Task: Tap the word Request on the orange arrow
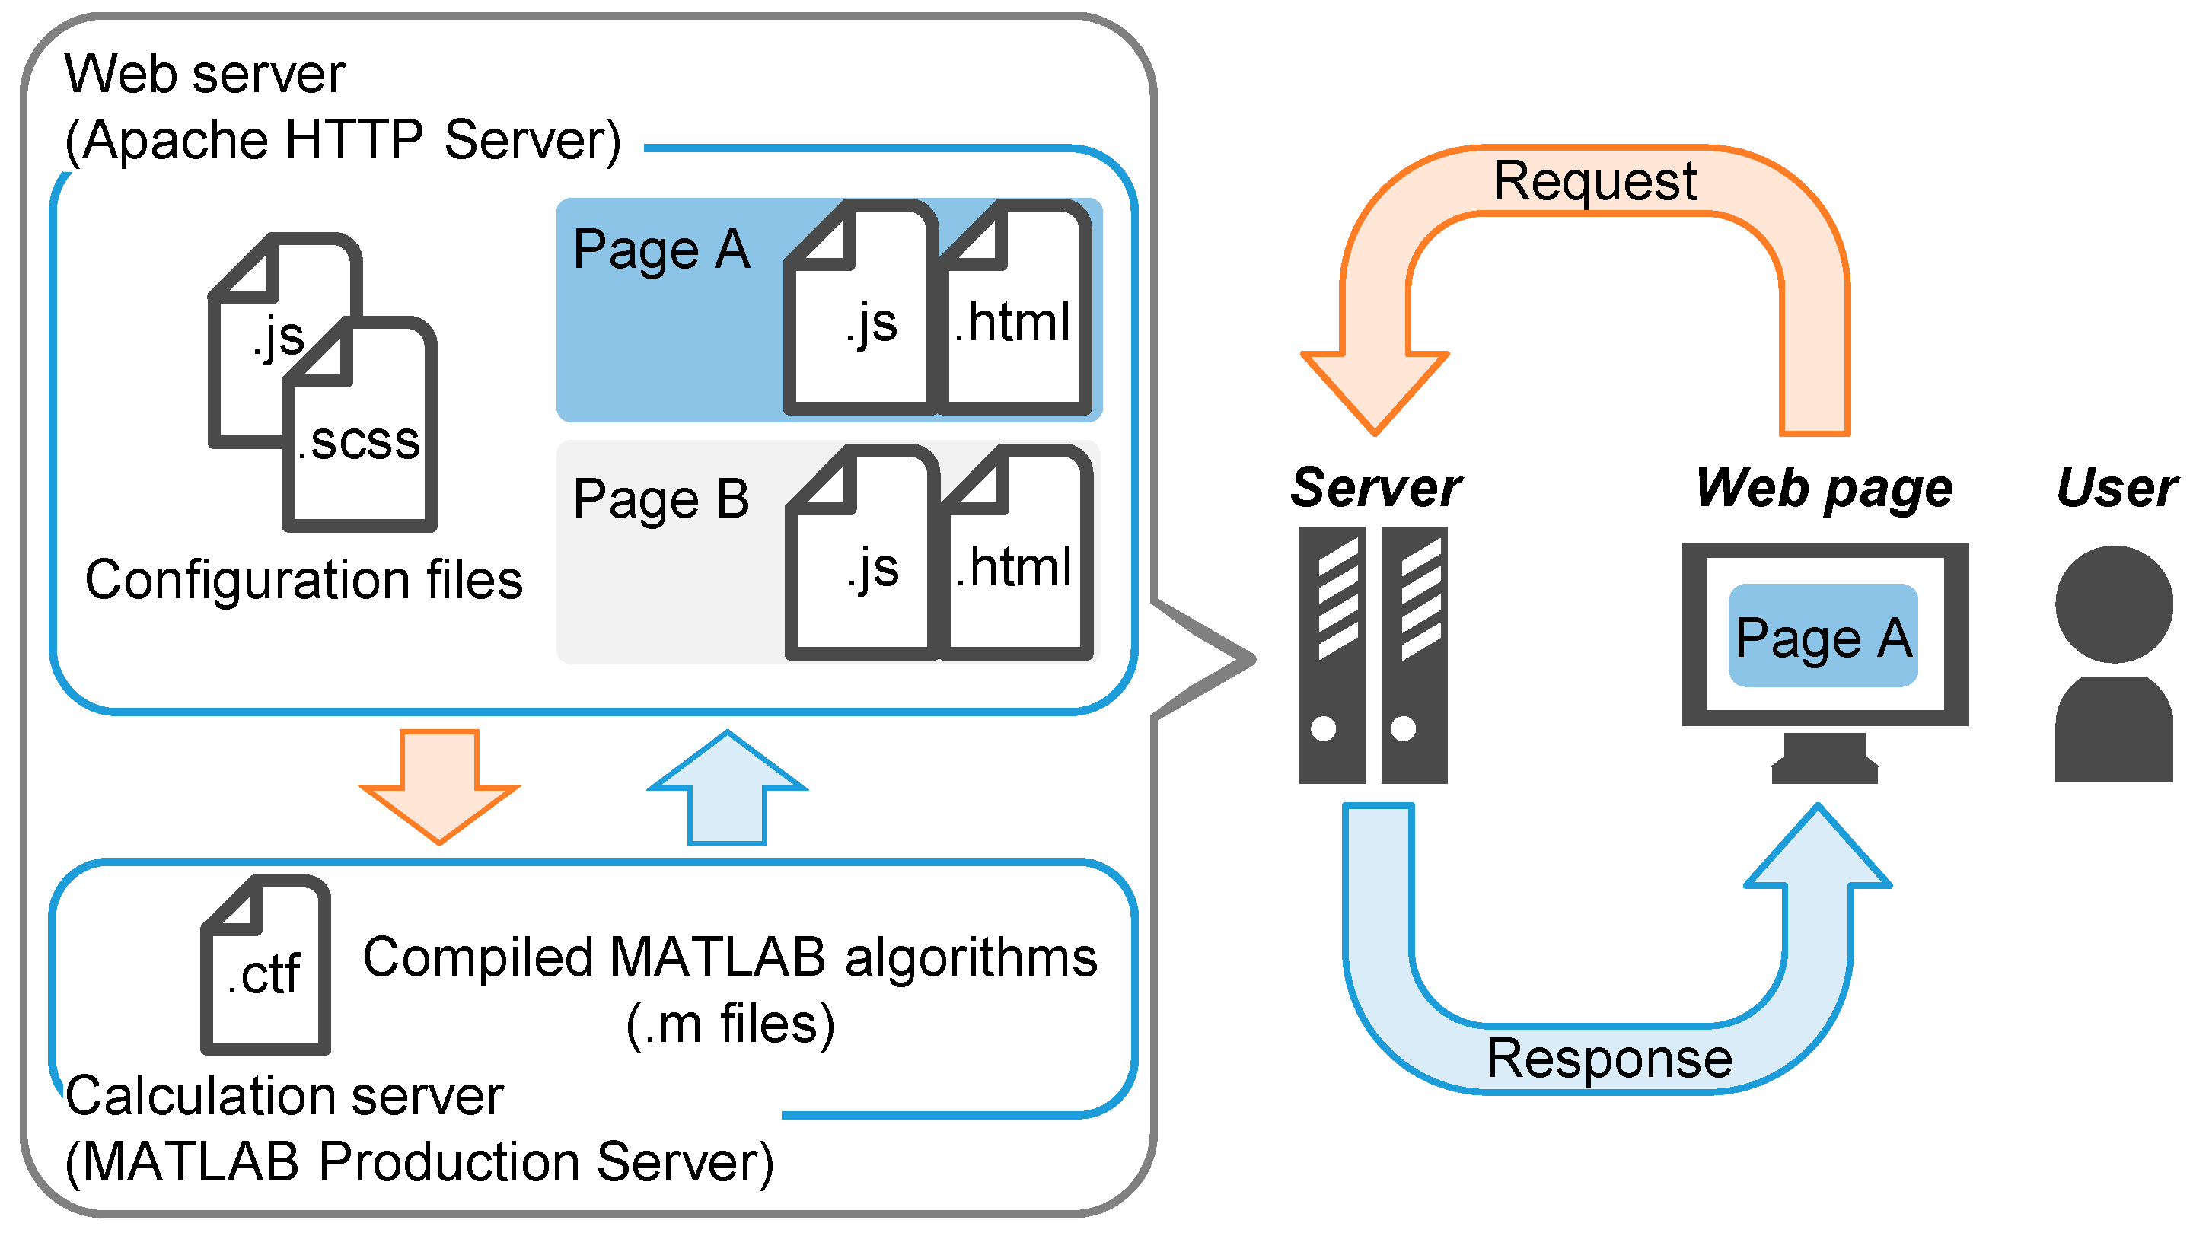pyautogui.click(x=1594, y=182)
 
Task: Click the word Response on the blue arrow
pyautogui.click(x=1608, y=1059)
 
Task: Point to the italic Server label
pyautogui.click(x=1375, y=488)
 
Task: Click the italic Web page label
pyautogui.click(x=1824, y=489)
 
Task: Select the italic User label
pyautogui.click(x=2116, y=488)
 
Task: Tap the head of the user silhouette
pyautogui.click(x=2114, y=605)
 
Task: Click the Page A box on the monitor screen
pyautogui.click(x=1823, y=637)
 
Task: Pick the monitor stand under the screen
pyautogui.click(x=1824, y=759)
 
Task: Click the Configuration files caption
pyautogui.click(x=304, y=580)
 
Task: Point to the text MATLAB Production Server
pyautogui.click(x=419, y=1163)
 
